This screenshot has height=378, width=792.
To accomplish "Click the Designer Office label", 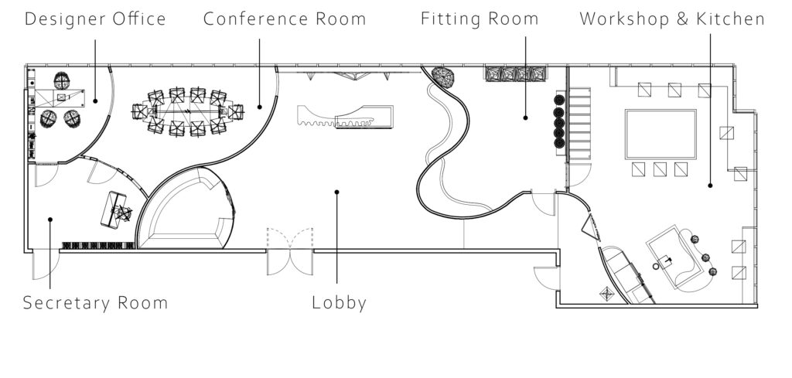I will (x=95, y=19).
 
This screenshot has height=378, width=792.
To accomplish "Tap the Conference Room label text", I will (x=285, y=19).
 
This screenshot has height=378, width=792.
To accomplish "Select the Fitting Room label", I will (x=480, y=19).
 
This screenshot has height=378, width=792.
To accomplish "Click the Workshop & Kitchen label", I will (x=672, y=19).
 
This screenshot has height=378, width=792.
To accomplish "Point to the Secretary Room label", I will (x=95, y=302).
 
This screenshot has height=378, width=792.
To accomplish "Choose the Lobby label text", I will (x=339, y=302).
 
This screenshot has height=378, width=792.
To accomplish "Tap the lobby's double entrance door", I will (x=290, y=251).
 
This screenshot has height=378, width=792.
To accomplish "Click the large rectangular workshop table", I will (x=661, y=134).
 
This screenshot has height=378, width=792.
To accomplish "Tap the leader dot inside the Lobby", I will (x=336, y=192).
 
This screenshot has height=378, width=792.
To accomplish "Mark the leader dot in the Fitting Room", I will (x=525, y=117).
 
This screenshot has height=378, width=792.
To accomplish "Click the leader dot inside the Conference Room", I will (x=259, y=107).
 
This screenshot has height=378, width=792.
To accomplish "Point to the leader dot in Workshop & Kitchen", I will (x=710, y=186).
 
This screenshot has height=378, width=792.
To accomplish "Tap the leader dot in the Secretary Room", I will (x=49, y=220).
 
